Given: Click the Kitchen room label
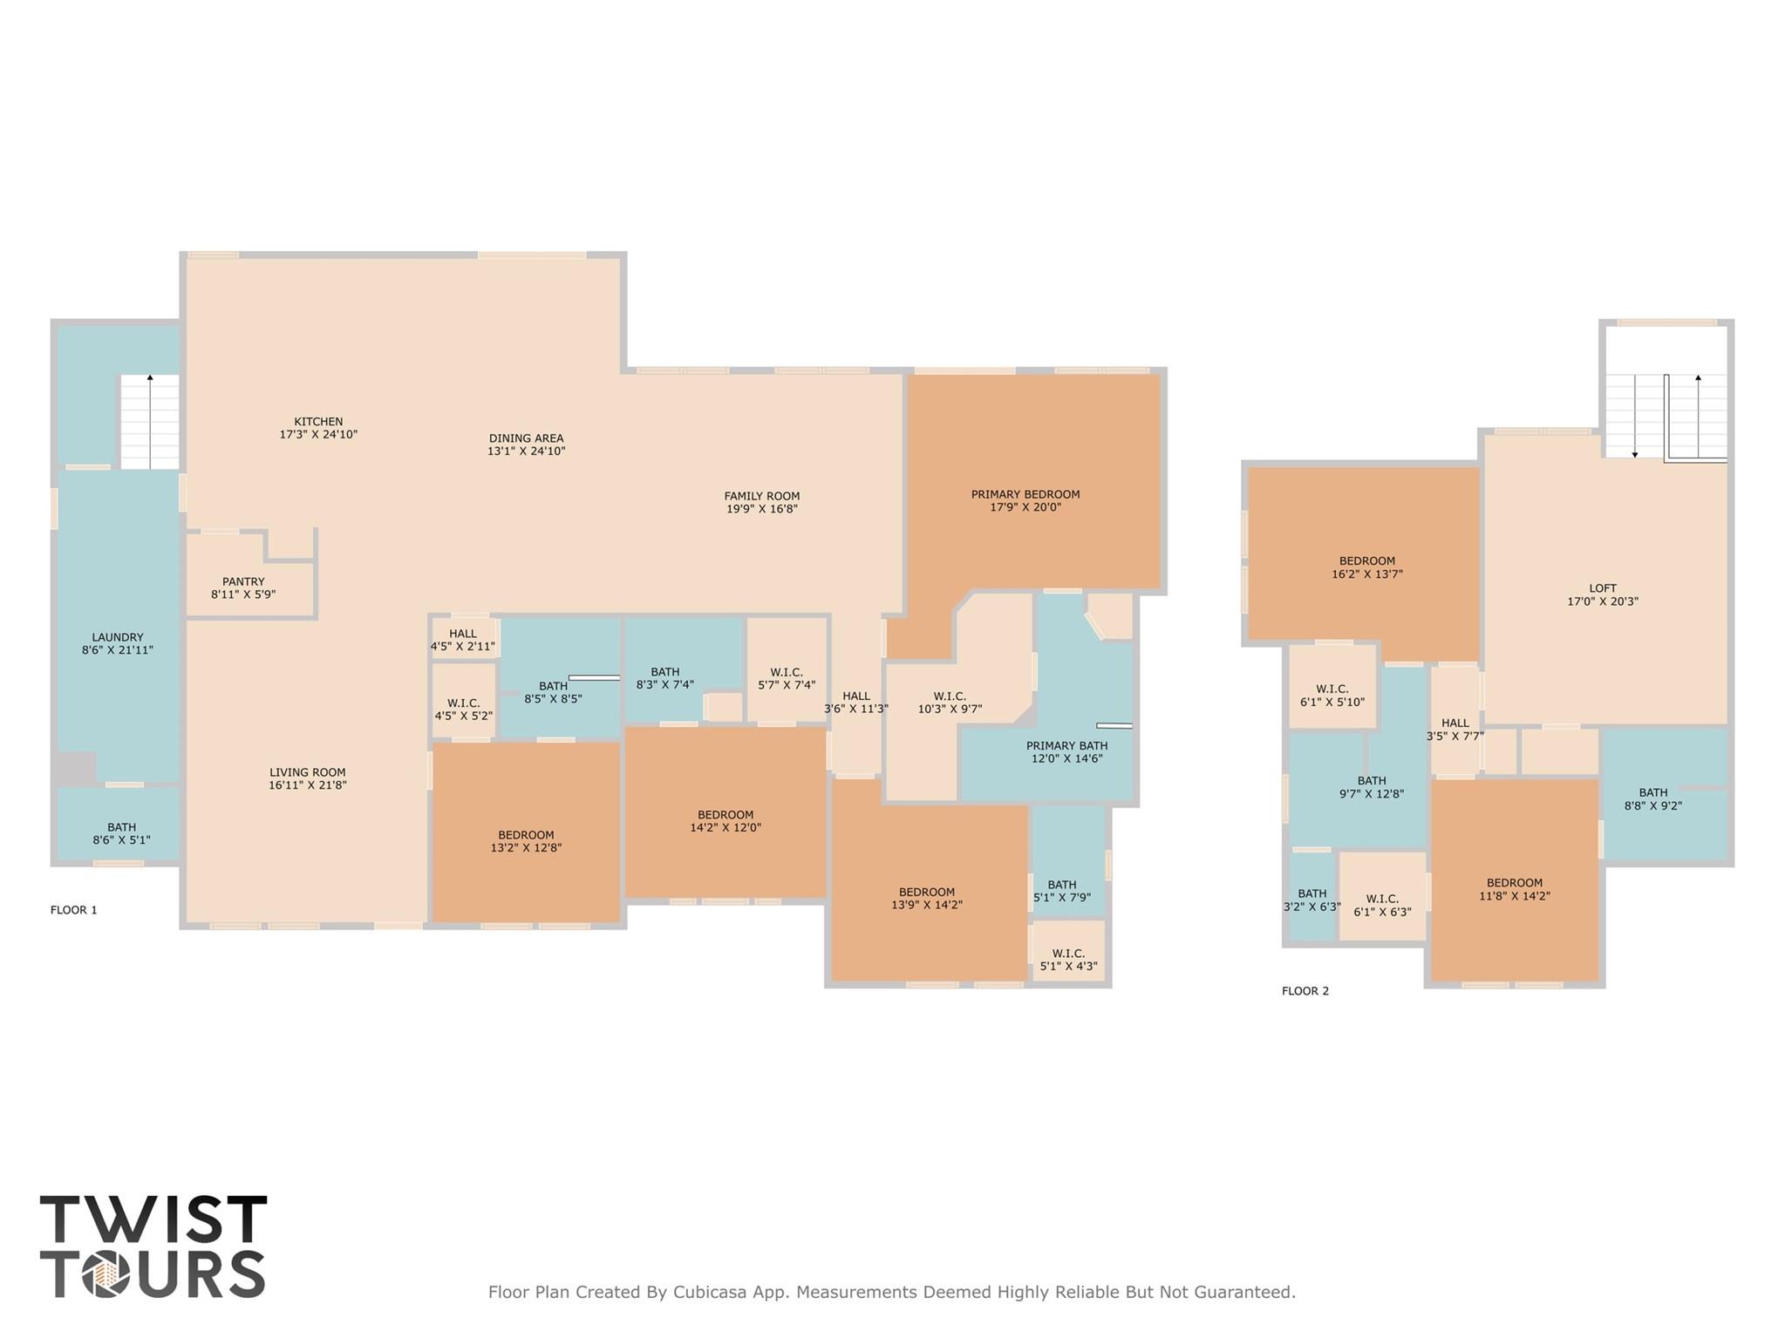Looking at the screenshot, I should (318, 422).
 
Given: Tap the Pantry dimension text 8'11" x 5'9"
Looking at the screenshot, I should (243, 594).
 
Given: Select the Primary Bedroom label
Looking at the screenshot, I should (1025, 494).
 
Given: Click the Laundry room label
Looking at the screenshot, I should (118, 637).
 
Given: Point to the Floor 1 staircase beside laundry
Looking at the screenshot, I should (150, 422).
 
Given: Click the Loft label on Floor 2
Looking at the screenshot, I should (1602, 588).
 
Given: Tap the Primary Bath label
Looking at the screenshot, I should (1066, 745).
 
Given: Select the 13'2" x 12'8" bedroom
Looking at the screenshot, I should (526, 841).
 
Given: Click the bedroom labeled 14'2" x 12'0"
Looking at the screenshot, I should (726, 821).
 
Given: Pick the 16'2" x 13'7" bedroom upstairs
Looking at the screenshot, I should (1366, 567).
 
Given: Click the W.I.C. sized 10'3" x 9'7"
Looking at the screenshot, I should (950, 703).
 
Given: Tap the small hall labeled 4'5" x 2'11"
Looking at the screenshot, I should (463, 640).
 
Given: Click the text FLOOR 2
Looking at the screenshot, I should (1305, 991).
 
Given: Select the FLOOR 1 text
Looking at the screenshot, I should (74, 910).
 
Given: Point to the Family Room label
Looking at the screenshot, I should (761, 496).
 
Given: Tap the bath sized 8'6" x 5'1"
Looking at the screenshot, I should (121, 833).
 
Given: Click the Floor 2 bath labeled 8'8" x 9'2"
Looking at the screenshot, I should (1652, 799).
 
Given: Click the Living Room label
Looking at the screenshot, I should (307, 772).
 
